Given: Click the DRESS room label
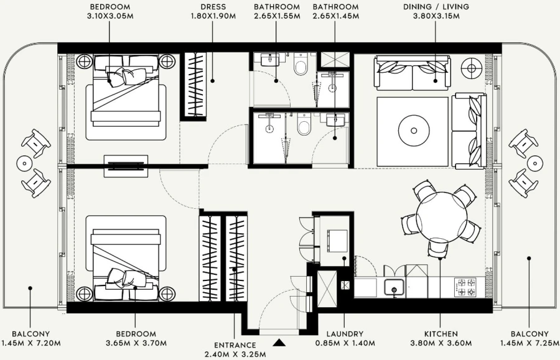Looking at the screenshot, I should (213, 7).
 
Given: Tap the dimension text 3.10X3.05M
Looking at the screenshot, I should (110, 16).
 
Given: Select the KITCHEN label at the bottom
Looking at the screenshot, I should (441, 334).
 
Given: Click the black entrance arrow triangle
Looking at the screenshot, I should (279, 341).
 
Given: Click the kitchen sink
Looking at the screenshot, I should (393, 287).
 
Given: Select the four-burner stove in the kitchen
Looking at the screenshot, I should (466, 287).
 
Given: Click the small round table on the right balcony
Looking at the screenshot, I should (534, 162).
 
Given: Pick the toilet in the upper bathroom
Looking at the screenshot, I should (302, 65).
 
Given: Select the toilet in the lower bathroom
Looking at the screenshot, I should (304, 127).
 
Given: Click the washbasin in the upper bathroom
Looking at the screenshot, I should (270, 60).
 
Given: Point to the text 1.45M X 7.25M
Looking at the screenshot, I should (529, 343).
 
